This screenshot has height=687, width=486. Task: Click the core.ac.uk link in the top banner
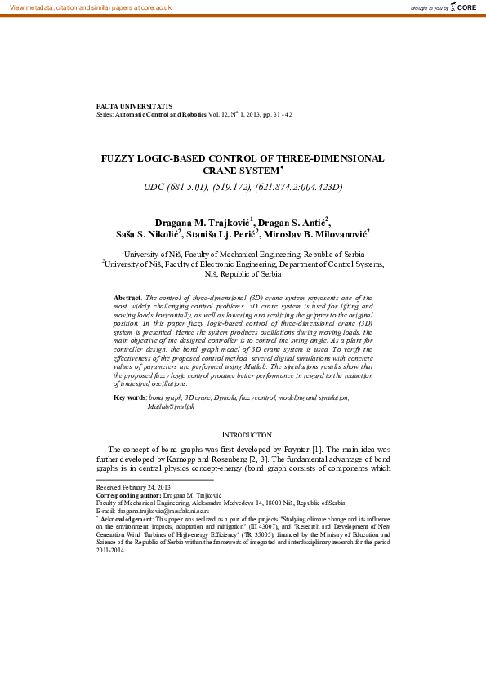tap(155, 7)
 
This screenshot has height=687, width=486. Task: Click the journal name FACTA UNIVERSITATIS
tap(135, 106)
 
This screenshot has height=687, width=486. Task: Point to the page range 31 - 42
tap(277, 115)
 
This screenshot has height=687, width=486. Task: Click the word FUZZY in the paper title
tap(121, 158)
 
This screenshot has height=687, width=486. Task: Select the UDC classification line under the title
tap(243, 187)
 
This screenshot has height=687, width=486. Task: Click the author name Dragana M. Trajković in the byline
tap(204, 222)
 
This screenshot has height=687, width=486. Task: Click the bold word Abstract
tap(127, 299)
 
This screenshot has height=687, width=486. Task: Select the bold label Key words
tap(129, 397)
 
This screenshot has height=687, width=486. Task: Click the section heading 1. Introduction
tap(243, 435)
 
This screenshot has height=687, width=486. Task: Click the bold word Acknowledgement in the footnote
tap(127, 520)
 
